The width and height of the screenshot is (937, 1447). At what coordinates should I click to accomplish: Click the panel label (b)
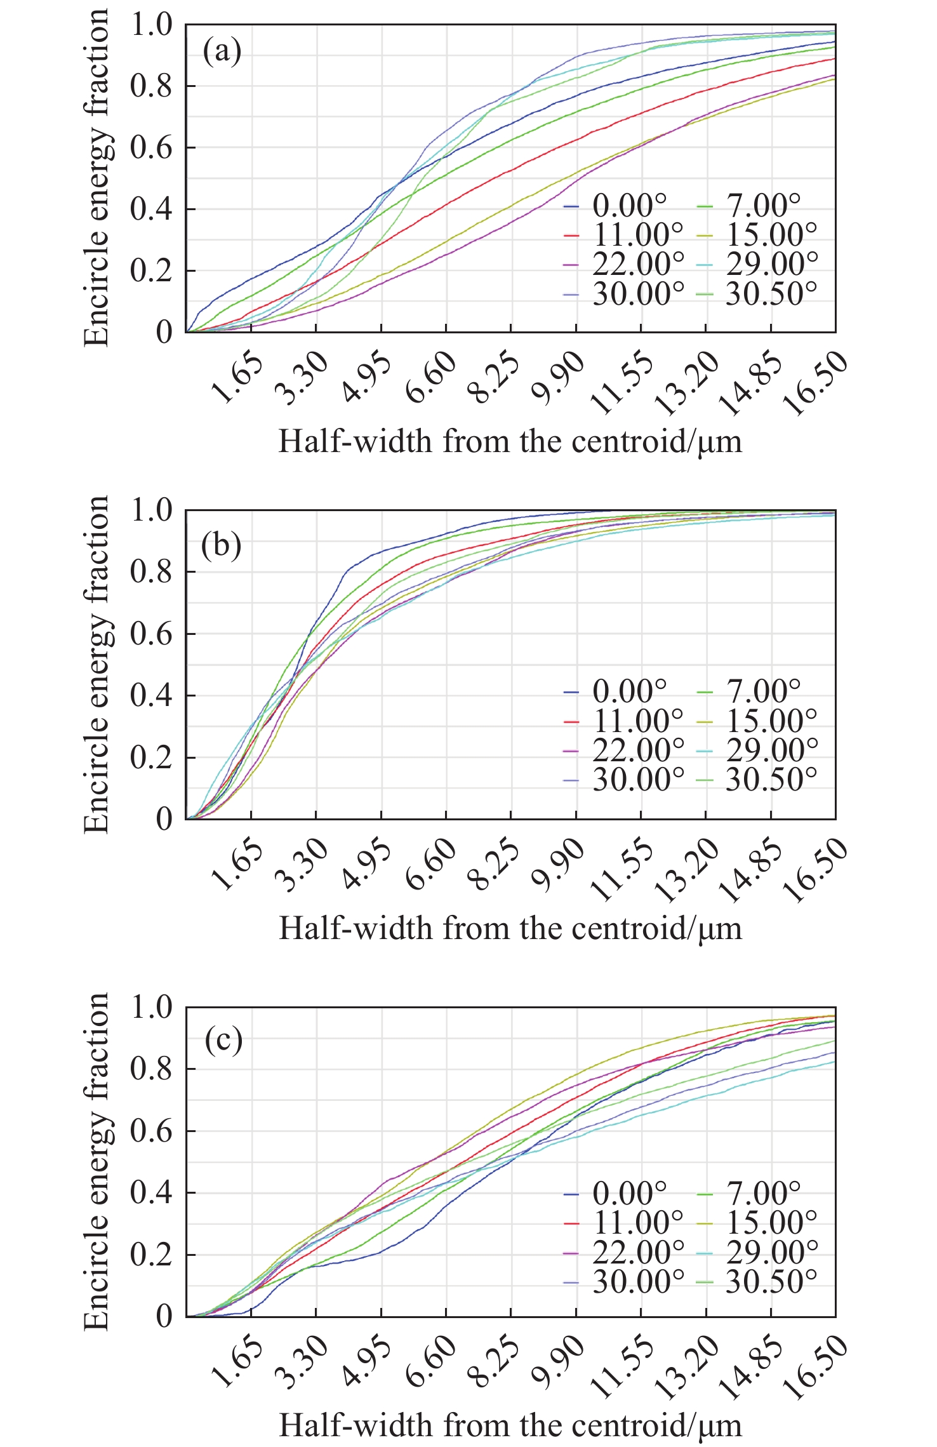222,545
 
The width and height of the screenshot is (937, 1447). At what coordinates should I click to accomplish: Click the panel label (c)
223,1041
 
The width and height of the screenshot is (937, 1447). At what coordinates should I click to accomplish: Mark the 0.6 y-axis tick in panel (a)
151,147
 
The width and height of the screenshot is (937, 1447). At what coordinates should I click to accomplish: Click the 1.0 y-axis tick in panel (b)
151,510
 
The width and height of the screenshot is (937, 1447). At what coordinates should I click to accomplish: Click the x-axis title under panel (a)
510,441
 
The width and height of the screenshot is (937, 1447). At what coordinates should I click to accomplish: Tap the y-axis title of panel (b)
96,664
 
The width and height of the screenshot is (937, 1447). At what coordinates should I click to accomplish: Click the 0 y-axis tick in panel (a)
164,332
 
